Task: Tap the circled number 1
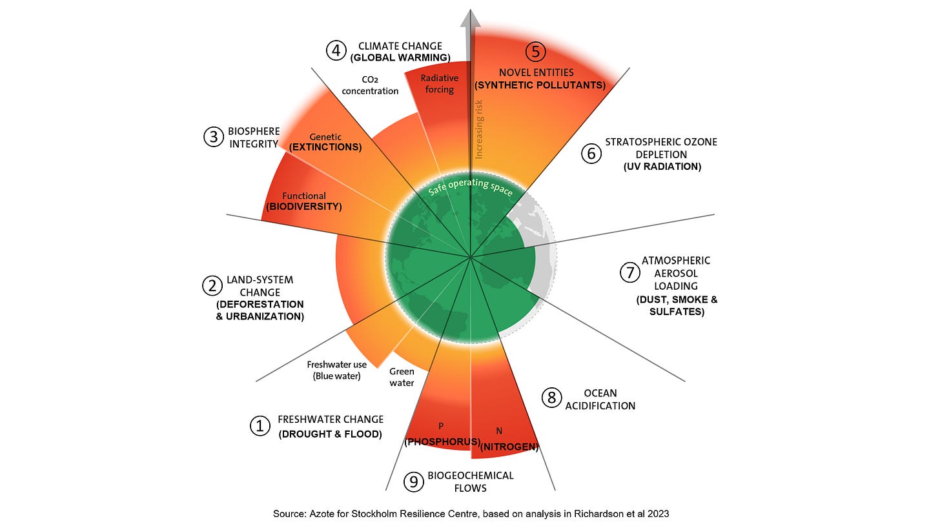260,426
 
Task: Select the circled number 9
413,482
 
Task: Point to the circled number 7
629,273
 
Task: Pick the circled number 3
213,137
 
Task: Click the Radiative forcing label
439,84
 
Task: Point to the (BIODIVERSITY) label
303,207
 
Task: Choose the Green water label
402,377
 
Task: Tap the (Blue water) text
336,376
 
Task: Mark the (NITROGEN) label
510,446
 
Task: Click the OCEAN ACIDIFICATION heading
600,400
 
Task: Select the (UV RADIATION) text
662,167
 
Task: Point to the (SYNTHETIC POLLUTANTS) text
540,85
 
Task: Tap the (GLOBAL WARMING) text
400,58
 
